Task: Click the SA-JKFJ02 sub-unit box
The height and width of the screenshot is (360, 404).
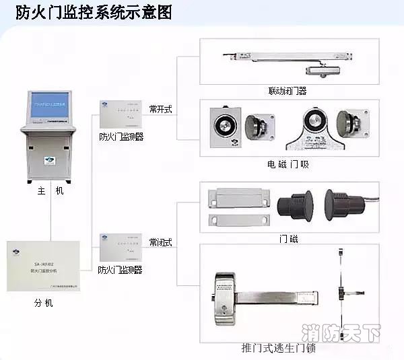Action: [x=43, y=266]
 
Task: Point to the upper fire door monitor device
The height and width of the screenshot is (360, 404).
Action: [x=121, y=114]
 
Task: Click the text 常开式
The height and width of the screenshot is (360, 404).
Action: [x=161, y=109]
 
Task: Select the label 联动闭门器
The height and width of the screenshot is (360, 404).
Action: [x=287, y=90]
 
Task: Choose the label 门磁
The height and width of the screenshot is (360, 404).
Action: [x=288, y=239]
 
